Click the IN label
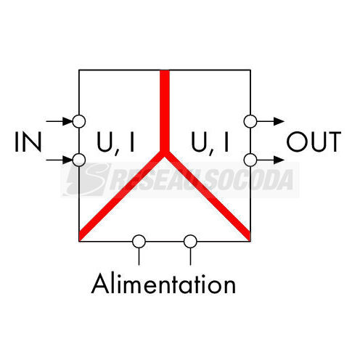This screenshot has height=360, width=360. pos(28,142)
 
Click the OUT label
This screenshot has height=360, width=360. pos(314,142)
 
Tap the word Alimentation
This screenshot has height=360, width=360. pos(163,284)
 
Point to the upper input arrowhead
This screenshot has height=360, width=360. pos(67,121)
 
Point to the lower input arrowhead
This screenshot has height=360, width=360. pos(67,160)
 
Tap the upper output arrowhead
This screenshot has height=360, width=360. pos(279,121)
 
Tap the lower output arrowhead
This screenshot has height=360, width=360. pos(279,160)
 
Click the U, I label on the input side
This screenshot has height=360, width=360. pos(115,143)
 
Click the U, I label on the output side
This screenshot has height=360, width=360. pos(210,143)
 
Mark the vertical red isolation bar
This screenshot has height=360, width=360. pos(165,111)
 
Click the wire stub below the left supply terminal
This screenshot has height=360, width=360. pos(139,256)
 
